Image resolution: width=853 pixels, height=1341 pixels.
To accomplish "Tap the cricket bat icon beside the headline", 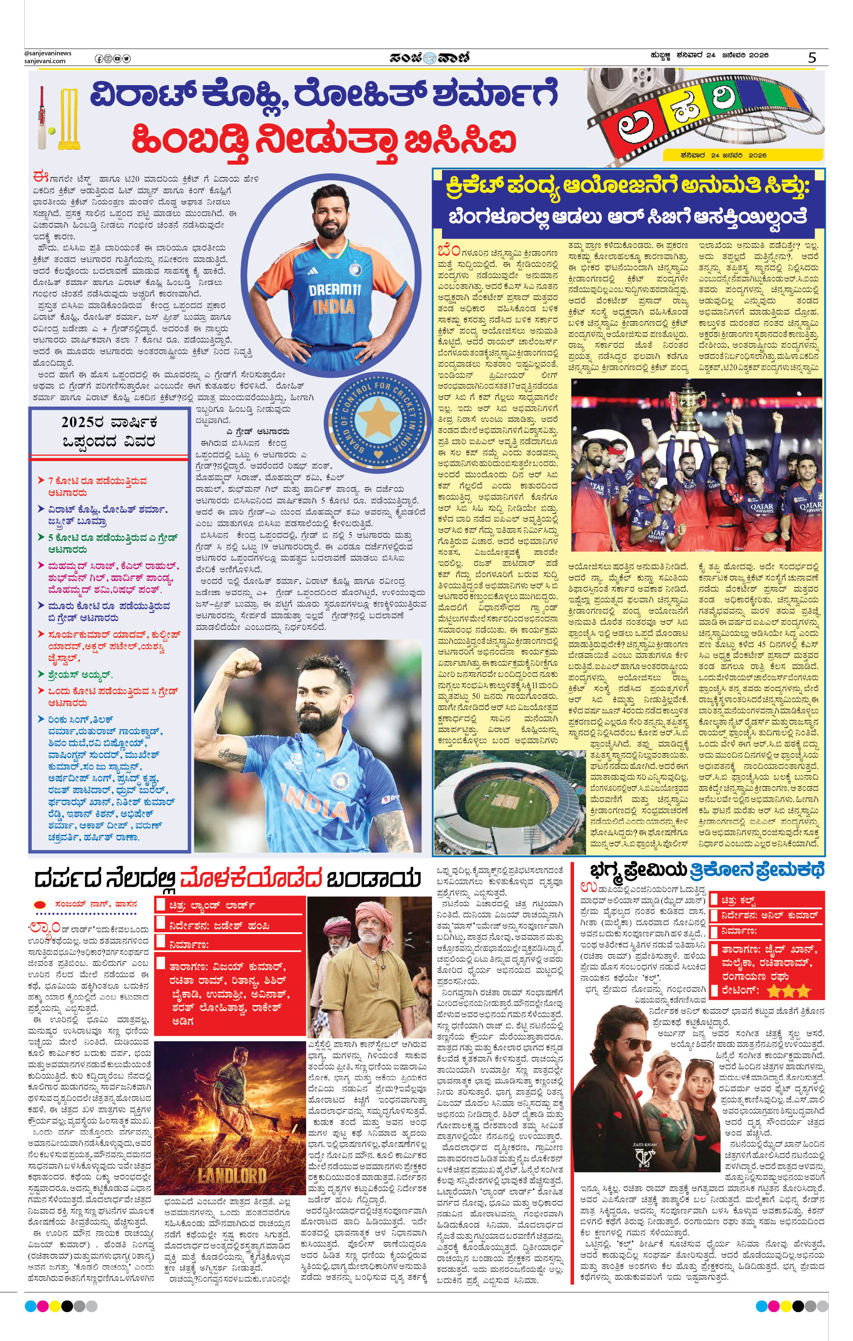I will click(x=42, y=118).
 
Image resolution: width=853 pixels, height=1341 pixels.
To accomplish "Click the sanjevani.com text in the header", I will click(x=45, y=61).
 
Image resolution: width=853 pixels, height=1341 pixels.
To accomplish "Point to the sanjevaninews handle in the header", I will click(x=48, y=53).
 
